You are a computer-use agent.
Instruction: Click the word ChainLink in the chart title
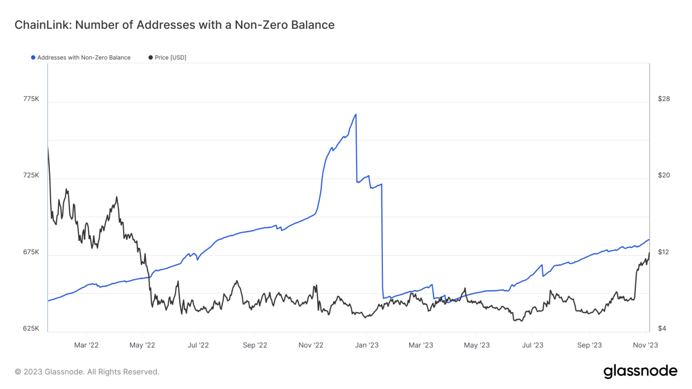coord(42,25)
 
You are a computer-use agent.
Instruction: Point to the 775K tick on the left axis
coord(31,99)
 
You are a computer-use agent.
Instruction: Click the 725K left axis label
coord(31,175)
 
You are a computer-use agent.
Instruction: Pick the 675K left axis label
coord(31,252)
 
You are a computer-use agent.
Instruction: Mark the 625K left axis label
coord(31,328)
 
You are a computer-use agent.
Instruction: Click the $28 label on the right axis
coord(664,99)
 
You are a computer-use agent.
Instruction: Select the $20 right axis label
coord(664,175)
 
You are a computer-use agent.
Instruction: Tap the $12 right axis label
coord(663,252)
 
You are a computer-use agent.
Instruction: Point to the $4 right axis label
coord(662,328)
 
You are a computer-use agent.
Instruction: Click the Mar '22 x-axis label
coord(86,345)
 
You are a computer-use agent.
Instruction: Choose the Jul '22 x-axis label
coord(198,345)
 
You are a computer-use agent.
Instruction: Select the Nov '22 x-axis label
coord(311,345)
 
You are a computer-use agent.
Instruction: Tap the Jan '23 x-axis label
coord(367,345)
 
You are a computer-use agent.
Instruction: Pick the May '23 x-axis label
coord(477,345)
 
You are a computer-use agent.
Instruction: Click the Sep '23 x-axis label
coord(589,345)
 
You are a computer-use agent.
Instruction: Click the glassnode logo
coord(640,371)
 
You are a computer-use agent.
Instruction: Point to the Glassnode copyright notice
coord(87,372)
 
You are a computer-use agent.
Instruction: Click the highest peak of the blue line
coord(356,114)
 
